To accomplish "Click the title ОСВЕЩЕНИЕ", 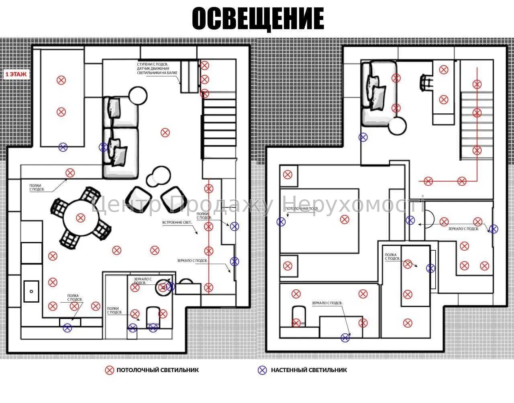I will (257, 19).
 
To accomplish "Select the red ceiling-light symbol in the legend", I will (109, 370).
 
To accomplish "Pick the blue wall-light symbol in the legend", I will (262, 370).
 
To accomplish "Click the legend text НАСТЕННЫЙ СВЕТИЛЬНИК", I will (309, 370).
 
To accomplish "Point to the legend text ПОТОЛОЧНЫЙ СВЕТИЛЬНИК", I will (157, 370).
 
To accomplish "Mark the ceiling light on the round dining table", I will (81, 218).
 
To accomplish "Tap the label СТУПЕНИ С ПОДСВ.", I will (152, 64).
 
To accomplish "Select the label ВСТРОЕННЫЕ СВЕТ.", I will (177, 222).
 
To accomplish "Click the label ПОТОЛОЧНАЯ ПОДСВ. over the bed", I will (302, 209).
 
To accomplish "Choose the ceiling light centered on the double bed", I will (344, 219).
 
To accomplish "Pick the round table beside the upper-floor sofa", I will (398, 127).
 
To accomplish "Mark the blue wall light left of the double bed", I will (281, 221).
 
